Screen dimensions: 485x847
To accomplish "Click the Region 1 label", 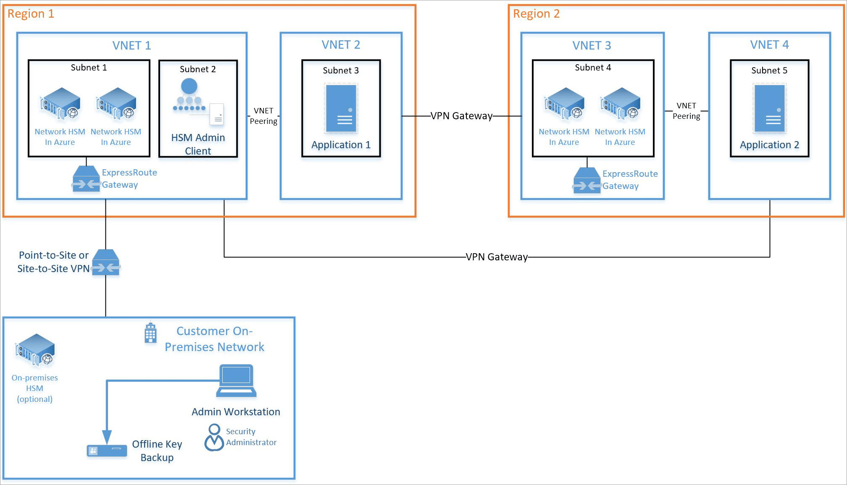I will point(31,14).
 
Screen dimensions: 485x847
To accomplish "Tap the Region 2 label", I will point(536,14).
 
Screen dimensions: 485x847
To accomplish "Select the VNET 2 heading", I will point(341,45).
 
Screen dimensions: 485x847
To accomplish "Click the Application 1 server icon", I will point(341,108).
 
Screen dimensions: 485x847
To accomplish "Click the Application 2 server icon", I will point(769,108).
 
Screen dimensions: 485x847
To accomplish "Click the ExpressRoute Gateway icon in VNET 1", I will point(86,179).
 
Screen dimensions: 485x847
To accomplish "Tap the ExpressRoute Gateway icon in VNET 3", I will point(587,180).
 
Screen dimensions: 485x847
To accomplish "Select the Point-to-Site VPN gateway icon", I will point(106,262).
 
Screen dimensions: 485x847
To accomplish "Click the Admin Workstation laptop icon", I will point(236,381).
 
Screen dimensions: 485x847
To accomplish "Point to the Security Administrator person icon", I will point(214,438).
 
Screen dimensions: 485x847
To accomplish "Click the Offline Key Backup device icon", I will point(107,451).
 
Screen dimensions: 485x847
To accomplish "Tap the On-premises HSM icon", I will point(35,350).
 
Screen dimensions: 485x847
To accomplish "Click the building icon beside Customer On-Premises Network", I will point(150,333).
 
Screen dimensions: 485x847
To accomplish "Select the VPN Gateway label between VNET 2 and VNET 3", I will point(461,116).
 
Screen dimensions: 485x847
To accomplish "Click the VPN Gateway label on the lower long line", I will point(497,257).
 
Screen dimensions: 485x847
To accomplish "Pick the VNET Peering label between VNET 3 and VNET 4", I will point(686,111).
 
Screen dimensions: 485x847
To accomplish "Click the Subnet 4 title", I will point(593,68).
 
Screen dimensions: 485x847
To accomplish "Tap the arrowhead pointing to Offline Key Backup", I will point(107,437).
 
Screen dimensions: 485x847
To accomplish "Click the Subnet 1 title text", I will point(89,68).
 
